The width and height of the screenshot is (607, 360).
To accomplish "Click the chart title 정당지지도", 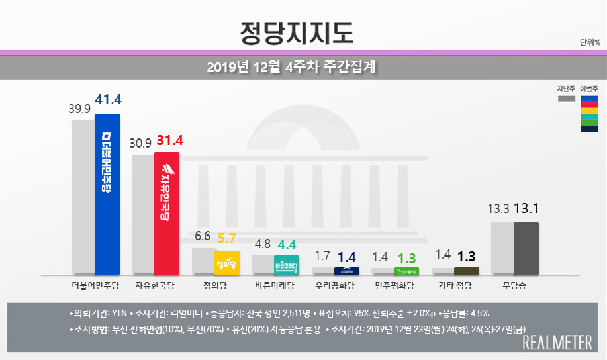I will pos(295,31).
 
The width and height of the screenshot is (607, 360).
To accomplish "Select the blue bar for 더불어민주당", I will pos(107,193).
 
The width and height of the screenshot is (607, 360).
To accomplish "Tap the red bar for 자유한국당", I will pos(166,213).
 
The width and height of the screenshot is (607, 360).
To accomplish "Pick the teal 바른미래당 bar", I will pos(286,265).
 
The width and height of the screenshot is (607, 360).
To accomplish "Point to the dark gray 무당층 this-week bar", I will pos(526,248).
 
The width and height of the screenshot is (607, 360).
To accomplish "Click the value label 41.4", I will pos(109,101).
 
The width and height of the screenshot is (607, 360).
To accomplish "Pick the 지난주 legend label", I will pos(566,89).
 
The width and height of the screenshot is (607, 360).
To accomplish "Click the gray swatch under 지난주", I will pos(566,99).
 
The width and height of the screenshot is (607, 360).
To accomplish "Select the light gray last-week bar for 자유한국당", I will pos(143,214).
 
